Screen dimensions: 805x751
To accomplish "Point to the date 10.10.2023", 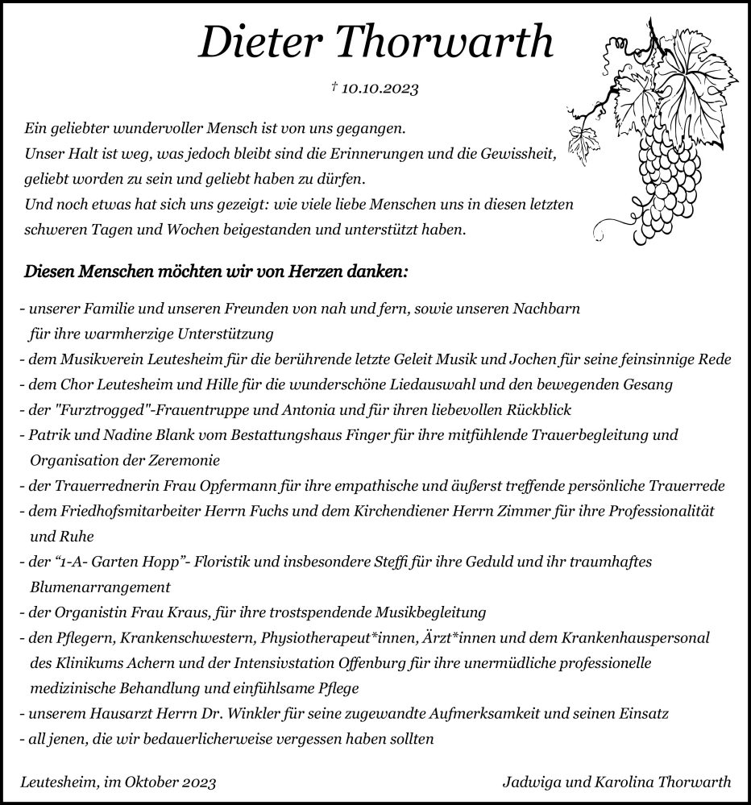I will [380, 89].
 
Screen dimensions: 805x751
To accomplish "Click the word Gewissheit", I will [526, 153].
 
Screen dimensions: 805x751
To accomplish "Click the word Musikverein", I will [98, 360].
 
